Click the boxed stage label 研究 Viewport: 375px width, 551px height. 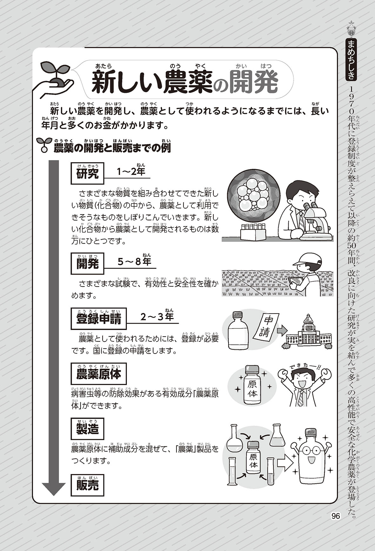(x=87, y=174)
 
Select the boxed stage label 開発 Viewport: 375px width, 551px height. (x=87, y=264)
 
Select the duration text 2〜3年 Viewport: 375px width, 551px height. (x=157, y=316)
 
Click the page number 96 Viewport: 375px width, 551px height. (x=335, y=516)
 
